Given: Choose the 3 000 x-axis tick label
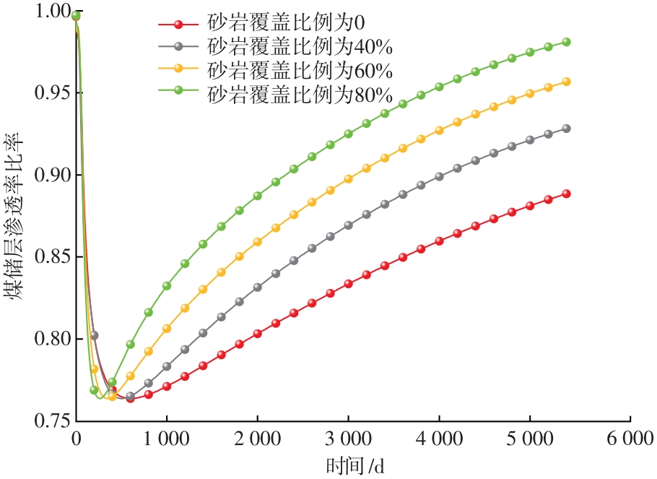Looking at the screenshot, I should (x=349, y=439).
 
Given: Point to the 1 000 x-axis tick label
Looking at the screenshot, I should (x=167, y=439).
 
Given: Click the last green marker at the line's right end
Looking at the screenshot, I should (x=566, y=42).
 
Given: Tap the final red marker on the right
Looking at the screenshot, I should (x=567, y=194).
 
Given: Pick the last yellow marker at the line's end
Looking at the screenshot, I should (x=567, y=82).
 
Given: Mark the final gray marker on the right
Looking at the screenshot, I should (x=567, y=129).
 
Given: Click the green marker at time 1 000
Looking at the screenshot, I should (x=167, y=286).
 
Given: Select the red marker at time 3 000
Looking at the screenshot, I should (x=349, y=283).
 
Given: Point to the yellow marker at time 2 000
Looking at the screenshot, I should (x=258, y=241).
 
